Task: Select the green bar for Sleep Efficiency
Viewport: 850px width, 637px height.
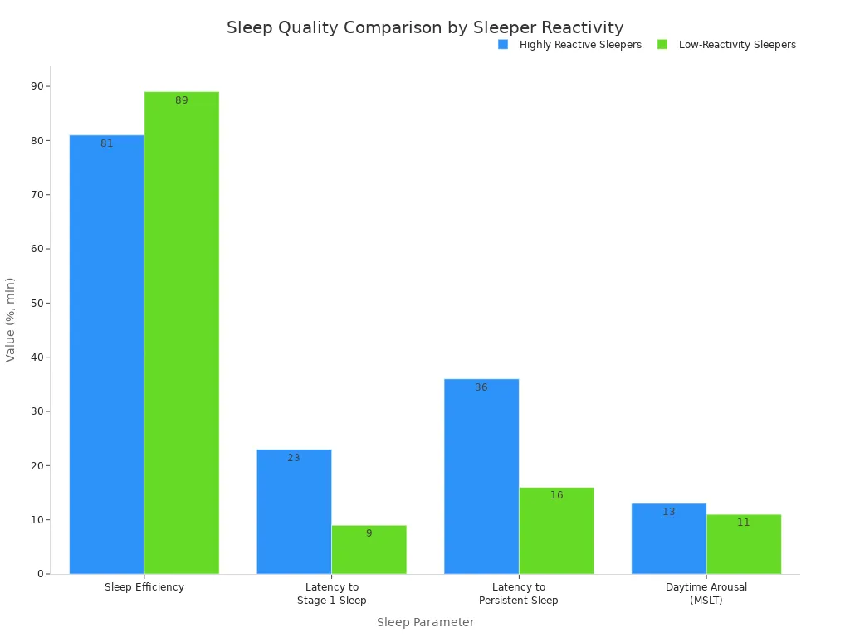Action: coord(182,333)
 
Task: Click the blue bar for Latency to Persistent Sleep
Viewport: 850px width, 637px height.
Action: coord(481,476)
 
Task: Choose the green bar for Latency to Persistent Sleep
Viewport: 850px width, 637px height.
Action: coord(556,530)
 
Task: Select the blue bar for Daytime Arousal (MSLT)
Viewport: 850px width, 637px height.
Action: coord(669,538)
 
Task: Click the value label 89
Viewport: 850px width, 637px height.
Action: coord(182,100)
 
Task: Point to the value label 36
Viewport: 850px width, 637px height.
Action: coord(481,387)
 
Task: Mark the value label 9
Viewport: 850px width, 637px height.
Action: coord(369,533)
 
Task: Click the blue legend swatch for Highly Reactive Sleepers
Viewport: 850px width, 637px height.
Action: coord(503,45)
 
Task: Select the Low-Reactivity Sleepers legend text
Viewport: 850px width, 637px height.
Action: coord(737,45)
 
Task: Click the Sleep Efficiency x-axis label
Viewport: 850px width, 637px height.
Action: coord(144,587)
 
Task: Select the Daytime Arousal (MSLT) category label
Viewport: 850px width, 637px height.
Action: coord(706,593)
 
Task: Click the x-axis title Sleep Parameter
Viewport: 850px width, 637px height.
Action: coord(425,622)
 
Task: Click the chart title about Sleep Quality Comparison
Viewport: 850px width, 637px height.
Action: coord(425,27)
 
